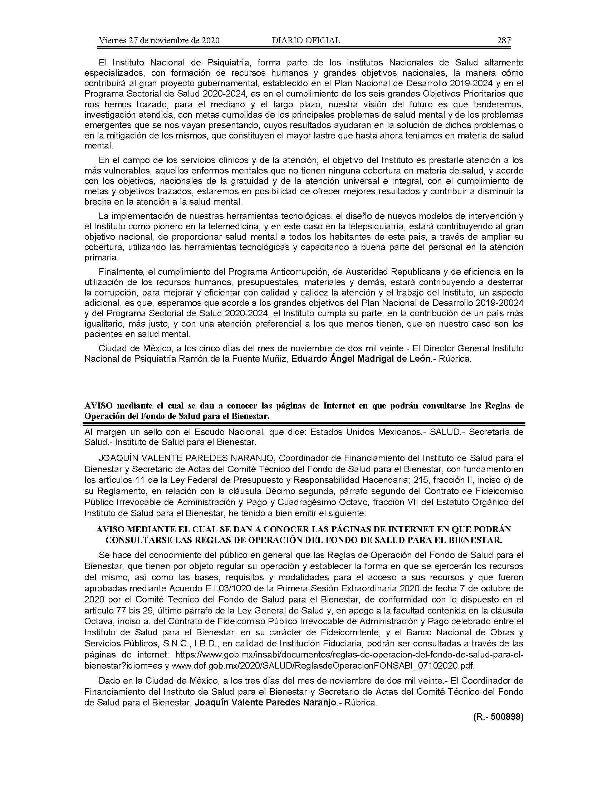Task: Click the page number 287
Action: (504, 40)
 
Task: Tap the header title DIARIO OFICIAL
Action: (306, 40)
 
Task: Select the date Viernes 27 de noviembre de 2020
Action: (159, 40)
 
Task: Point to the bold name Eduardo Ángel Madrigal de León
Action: (361, 359)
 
